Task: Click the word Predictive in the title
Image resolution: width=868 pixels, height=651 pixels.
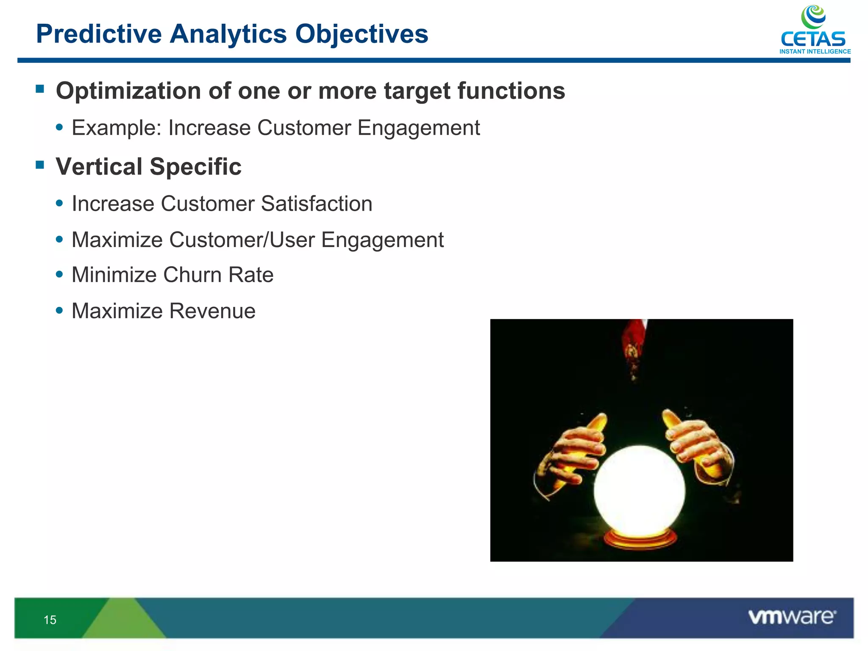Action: [x=99, y=33]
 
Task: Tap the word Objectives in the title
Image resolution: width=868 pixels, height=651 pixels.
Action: [x=362, y=33]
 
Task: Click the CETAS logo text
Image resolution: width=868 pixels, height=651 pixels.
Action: [x=812, y=39]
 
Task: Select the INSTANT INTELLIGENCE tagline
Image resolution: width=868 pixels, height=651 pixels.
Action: [x=815, y=52]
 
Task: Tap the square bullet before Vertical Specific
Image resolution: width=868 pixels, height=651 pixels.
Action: [x=40, y=164]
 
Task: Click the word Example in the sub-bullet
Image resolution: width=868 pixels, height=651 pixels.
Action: [x=114, y=128]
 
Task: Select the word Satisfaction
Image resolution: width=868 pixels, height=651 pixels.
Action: [x=316, y=203]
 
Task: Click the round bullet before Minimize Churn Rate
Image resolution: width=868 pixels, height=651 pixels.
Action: [x=59, y=274]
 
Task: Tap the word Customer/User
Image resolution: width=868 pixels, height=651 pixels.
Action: [x=242, y=240]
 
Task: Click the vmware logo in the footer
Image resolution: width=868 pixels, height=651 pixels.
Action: [x=792, y=617]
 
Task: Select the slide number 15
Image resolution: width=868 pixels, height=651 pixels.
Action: [x=50, y=620]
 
